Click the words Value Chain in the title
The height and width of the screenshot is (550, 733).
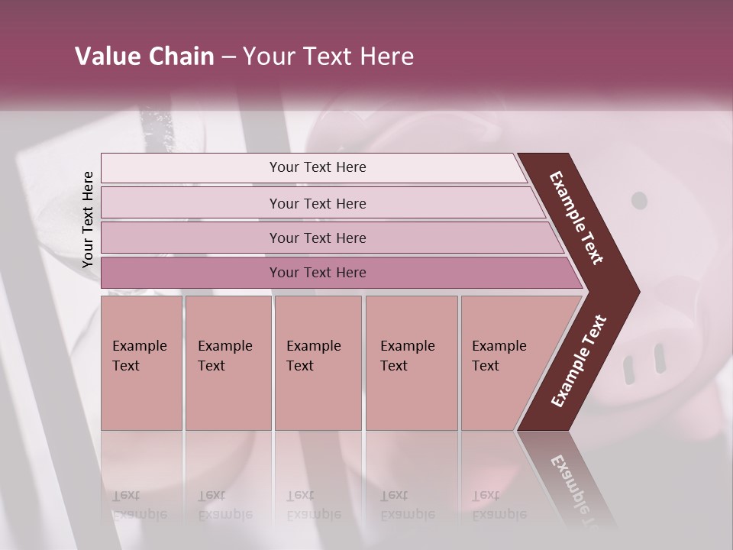144,57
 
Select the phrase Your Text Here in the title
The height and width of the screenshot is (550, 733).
328,57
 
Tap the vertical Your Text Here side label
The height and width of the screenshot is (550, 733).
88,219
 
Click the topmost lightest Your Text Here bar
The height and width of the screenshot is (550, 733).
317,167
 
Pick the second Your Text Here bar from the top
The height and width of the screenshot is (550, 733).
317,203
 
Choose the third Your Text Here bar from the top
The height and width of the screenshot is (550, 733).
317,238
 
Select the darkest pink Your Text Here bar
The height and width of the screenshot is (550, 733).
317,273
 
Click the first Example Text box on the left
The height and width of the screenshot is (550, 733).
141,363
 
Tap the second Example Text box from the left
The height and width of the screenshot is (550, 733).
228,363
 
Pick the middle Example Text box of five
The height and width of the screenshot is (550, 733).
318,363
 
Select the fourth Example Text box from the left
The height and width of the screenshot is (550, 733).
411,363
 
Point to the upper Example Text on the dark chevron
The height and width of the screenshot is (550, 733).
576,218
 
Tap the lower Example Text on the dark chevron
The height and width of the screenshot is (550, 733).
578,361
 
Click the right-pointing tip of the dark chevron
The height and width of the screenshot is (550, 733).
636,292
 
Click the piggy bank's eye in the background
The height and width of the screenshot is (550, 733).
639,201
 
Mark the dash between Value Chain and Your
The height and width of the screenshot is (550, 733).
228,57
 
